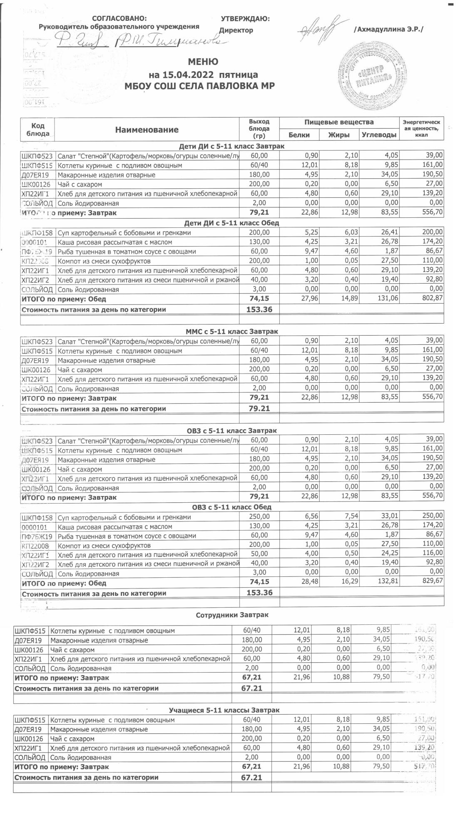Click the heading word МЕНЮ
coord(203,62)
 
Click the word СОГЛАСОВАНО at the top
coord(119,18)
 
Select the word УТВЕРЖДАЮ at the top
coord(245,19)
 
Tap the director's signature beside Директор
coord(319,27)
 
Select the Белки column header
coord(299,135)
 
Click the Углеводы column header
coord(378,135)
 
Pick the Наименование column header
coord(147,130)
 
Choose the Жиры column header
coord(339,135)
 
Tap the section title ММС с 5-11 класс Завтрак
coord(232,331)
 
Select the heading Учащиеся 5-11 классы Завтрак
coord(224,710)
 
